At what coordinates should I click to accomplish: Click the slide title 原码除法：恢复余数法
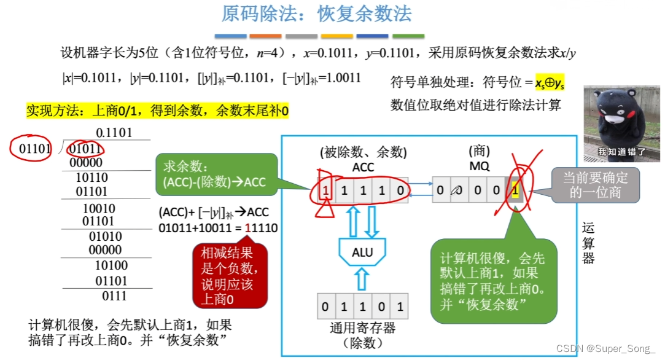(x=316, y=14)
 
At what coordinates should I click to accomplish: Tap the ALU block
(x=362, y=252)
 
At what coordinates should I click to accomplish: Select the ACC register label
(x=363, y=166)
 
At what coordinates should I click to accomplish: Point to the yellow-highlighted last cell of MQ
(x=515, y=190)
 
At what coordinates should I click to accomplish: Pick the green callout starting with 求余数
(x=214, y=174)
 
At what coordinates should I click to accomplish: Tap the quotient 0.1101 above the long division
(x=114, y=133)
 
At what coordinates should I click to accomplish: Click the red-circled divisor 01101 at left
(x=31, y=149)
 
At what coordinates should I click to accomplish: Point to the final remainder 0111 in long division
(x=114, y=296)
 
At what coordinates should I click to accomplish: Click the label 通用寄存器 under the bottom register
(x=362, y=329)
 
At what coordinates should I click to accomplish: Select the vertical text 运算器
(x=588, y=243)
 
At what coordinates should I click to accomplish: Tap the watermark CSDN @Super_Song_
(x=605, y=348)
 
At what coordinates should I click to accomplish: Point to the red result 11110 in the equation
(x=261, y=229)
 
